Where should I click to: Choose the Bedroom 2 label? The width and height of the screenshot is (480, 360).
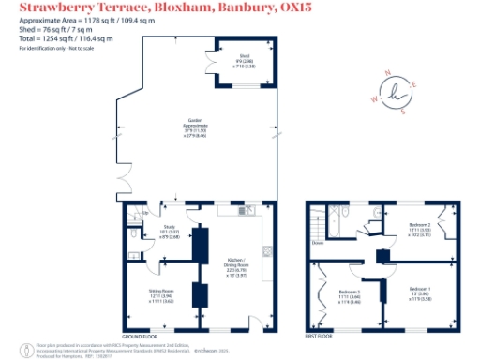tap(419, 228)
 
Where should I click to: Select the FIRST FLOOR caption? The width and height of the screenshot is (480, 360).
tap(320, 335)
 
